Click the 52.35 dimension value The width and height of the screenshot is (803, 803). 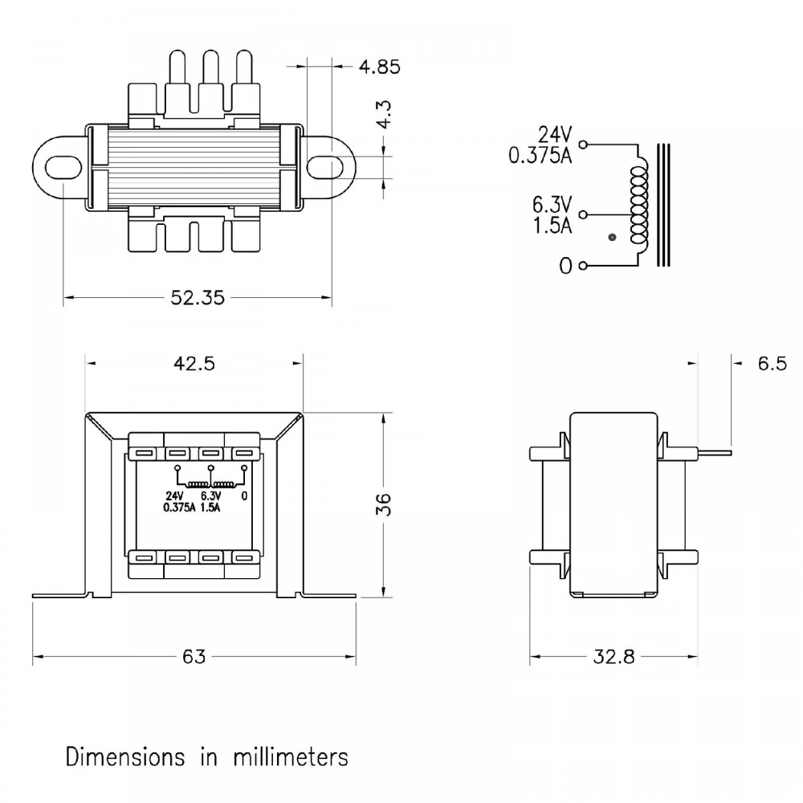tap(197, 298)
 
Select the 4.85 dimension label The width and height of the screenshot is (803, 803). tap(379, 67)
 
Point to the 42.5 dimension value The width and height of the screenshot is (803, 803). tap(194, 363)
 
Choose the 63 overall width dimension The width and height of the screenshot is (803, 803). tap(194, 657)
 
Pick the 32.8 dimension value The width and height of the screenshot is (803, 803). tap(613, 657)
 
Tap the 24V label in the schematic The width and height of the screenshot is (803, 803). tap(556, 134)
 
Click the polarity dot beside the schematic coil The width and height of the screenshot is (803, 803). tap(613, 238)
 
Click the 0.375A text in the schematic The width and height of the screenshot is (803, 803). tap(540, 156)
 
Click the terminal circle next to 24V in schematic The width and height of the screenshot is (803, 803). tap(583, 145)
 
